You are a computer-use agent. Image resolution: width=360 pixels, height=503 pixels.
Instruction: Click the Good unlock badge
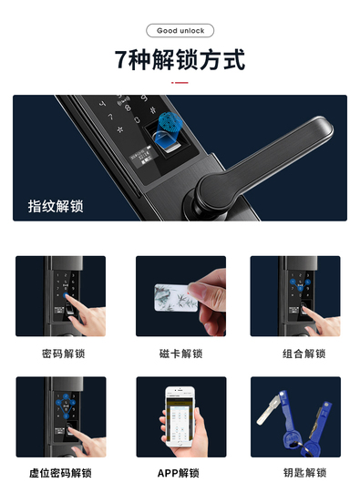tap(180, 31)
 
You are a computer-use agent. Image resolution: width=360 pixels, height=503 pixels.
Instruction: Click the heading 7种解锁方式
tap(180, 59)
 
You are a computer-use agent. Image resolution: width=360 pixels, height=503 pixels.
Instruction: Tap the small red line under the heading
tap(180, 82)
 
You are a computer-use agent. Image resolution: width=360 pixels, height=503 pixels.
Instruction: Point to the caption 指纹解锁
tap(56, 206)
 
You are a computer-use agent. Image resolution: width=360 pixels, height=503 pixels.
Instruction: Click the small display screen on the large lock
tap(144, 155)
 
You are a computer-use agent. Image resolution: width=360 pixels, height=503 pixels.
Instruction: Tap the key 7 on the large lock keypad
tap(110, 117)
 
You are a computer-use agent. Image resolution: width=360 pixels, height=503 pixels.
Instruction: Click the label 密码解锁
tap(64, 354)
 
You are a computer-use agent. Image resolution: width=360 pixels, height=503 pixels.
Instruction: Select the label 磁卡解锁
tap(181, 354)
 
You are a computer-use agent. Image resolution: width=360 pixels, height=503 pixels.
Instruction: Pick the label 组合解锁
tap(304, 354)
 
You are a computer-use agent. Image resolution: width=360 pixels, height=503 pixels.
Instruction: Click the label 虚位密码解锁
tap(60, 473)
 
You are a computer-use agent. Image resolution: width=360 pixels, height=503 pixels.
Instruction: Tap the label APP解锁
tap(179, 473)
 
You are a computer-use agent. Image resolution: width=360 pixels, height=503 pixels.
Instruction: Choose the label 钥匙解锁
tap(304, 473)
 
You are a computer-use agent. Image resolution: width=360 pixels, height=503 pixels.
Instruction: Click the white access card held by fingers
tap(176, 297)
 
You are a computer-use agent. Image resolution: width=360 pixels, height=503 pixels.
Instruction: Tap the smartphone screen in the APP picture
tap(180, 417)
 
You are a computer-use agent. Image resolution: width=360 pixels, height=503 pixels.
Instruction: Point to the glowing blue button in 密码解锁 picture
tap(66, 295)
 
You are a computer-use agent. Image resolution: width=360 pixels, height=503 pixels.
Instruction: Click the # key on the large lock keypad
tap(153, 110)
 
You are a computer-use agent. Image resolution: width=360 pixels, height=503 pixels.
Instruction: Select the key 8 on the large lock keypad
tap(128, 108)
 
